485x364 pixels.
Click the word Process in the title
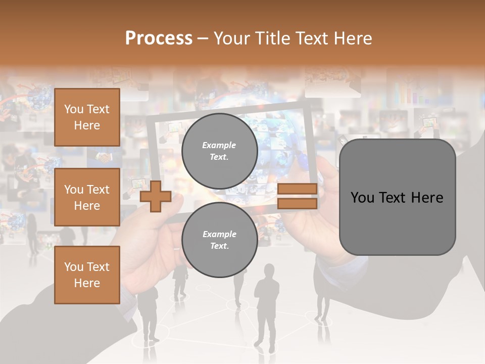coord(159,38)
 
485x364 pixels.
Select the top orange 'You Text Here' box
coord(87,117)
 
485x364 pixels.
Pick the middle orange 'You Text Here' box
coord(87,197)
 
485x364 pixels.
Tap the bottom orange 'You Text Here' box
coord(87,275)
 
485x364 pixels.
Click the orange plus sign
coord(155,196)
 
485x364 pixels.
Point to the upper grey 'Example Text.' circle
coord(219,151)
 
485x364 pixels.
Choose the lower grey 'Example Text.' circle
coord(219,240)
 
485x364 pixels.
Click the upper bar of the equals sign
coord(297,189)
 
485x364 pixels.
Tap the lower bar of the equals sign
coord(297,203)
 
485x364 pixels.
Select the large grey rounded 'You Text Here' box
coord(397,197)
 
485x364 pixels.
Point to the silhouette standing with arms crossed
coord(266,303)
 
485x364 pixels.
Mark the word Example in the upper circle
coord(219,145)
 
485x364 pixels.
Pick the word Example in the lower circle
coord(219,234)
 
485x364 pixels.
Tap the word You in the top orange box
coord(74,109)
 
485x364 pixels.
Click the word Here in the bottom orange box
coord(87,283)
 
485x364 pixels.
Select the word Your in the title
coord(231,38)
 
